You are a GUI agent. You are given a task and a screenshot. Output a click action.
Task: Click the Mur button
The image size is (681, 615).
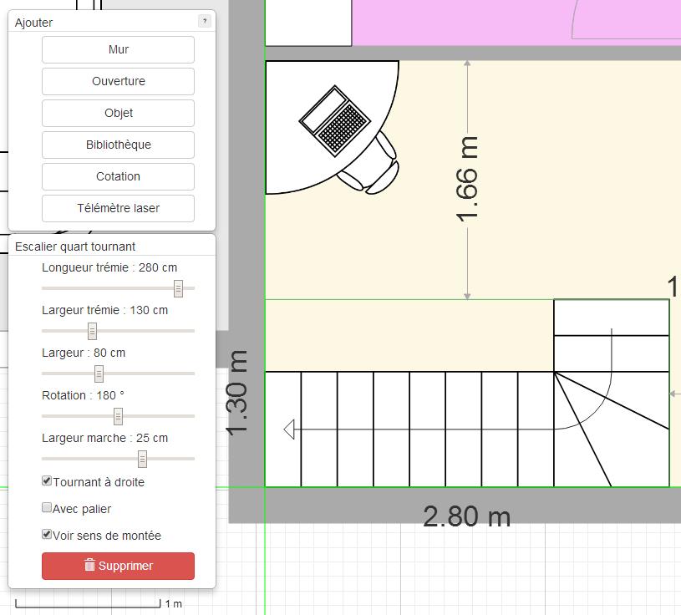pyautogui.click(x=118, y=49)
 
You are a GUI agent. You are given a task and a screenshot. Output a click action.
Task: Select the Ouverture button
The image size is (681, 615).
pyautogui.click(x=118, y=81)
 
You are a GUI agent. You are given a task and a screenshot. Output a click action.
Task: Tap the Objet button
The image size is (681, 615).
pyautogui.click(x=118, y=113)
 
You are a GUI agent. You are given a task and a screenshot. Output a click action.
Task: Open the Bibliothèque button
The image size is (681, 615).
pyautogui.click(x=118, y=145)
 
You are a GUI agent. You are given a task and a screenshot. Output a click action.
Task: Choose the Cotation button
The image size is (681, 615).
pyautogui.click(x=118, y=176)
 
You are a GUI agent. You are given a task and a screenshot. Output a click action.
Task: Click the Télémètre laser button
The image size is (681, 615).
pyautogui.click(x=118, y=208)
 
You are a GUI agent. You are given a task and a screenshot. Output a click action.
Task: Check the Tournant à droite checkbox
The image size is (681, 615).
pyautogui.click(x=47, y=481)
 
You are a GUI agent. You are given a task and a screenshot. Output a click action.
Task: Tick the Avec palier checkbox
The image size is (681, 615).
pyautogui.click(x=47, y=508)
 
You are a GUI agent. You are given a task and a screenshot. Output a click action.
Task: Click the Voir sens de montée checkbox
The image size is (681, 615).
pyautogui.click(x=47, y=535)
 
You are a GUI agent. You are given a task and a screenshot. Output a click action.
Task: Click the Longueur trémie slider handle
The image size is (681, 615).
pyautogui.click(x=178, y=288)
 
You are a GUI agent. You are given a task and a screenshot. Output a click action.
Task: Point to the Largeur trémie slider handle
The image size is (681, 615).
pyautogui.click(x=92, y=331)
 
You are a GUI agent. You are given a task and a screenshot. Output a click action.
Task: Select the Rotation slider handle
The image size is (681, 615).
pyautogui.click(x=118, y=416)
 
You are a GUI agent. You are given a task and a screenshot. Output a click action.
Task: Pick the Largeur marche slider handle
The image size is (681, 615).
pyautogui.click(x=142, y=459)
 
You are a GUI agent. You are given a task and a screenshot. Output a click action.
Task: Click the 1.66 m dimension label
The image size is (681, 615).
pyautogui.click(x=468, y=179)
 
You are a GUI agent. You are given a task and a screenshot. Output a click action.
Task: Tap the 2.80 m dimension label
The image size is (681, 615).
pyautogui.click(x=466, y=516)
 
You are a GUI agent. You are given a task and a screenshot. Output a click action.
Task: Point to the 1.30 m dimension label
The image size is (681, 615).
pyautogui.click(x=238, y=393)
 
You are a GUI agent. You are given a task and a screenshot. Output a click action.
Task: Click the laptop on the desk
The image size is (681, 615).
pyautogui.click(x=334, y=120)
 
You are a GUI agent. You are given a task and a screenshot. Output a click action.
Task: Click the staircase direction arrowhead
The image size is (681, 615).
pyautogui.click(x=289, y=429)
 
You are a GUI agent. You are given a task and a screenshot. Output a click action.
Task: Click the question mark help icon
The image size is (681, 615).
pyautogui.click(x=205, y=21)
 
